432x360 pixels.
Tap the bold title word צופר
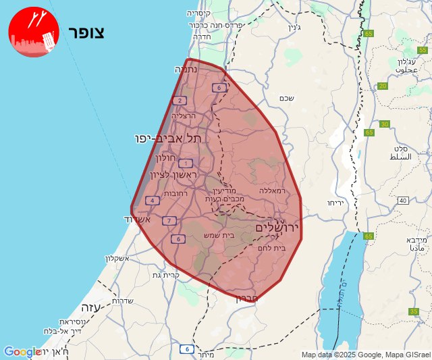pos(86,32)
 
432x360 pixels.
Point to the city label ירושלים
pos(277,229)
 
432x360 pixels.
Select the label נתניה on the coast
pos(186,69)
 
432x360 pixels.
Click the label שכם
pos(286,99)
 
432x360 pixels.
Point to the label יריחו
pos(335,203)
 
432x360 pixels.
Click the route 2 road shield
pos(180,101)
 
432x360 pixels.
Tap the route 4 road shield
pos(153,200)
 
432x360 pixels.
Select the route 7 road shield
pos(169,220)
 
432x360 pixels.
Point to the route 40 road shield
pos(403,201)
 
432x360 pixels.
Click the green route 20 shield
pos(383,86)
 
